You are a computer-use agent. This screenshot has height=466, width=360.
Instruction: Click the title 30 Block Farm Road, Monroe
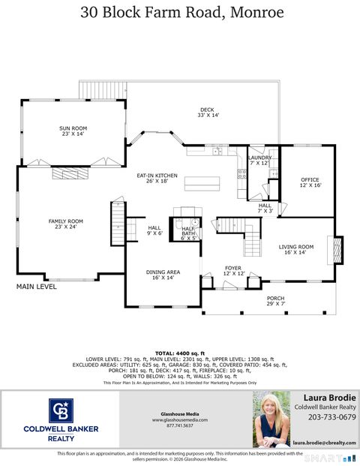pos(180,12)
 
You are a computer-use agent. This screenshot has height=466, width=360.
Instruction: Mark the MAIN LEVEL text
pos(37,286)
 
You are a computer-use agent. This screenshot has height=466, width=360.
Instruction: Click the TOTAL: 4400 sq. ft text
pos(179,353)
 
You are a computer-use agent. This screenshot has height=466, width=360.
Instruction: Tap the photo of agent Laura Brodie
pos(271,419)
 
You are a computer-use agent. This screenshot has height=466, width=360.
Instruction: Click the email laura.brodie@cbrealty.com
pos(324,443)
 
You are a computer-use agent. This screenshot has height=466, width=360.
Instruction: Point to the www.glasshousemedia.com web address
pos(179,419)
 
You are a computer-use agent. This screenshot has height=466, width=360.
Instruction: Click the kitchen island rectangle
pos(203,182)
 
